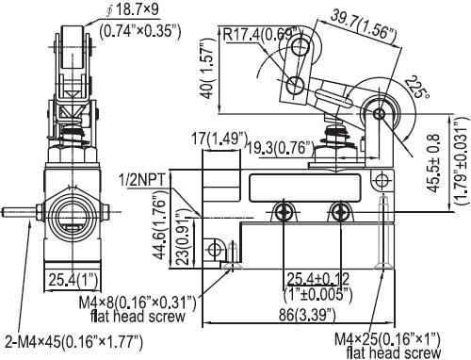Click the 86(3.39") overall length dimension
307,315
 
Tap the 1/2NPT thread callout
141,180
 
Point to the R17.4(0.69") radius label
262,34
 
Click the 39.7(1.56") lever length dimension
364,27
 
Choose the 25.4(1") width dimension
73,280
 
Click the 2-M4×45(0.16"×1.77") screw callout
74,341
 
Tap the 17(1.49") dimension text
219,139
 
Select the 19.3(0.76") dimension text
281,148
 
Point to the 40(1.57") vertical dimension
208,69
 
